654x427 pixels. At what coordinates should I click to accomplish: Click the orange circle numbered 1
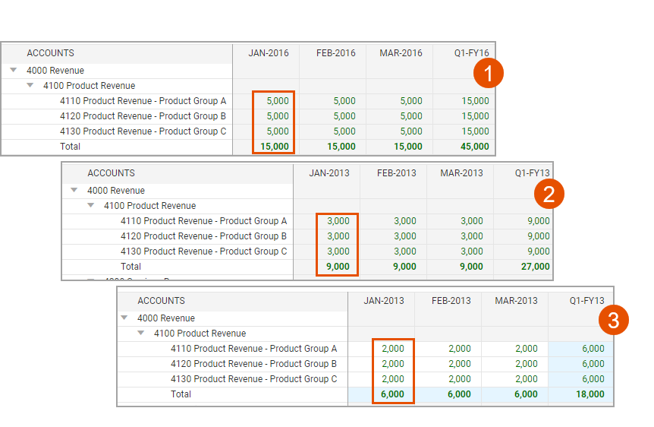pyautogui.click(x=488, y=73)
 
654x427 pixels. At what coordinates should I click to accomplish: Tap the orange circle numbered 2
pyautogui.click(x=549, y=194)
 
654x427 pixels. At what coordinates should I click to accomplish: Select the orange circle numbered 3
pyautogui.click(x=614, y=320)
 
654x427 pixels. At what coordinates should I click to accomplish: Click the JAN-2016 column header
pyautogui.click(x=269, y=53)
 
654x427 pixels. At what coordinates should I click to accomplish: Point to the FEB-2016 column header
pyautogui.click(x=336, y=53)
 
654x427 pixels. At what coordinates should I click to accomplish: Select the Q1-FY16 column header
pyautogui.click(x=471, y=53)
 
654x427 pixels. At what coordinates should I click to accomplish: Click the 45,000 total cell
pyautogui.click(x=475, y=147)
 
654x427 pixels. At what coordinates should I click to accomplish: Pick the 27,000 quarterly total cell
pyautogui.click(x=535, y=267)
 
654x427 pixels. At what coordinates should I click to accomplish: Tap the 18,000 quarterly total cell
pyautogui.click(x=590, y=394)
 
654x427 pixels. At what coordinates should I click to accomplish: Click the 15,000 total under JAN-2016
pyautogui.click(x=275, y=147)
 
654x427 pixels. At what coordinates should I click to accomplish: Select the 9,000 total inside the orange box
pyautogui.click(x=338, y=267)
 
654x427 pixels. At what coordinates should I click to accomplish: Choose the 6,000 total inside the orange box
pyautogui.click(x=392, y=394)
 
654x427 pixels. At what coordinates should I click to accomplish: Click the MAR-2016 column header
pyautogui.click(x=401, y=53)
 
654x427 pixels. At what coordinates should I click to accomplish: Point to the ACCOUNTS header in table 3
pyautogui.click(x=161, y=301)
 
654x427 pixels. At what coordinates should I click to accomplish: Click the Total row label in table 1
pyautogui.click(x=70, y=147)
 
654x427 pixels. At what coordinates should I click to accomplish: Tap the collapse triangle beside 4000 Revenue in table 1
pyautogui.click(x=14, y=70)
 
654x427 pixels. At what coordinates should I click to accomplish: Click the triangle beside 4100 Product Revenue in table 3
pyautogui.click(x=141, y=333)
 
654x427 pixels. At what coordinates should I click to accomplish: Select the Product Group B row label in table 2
pyautogui.click(x=203, y=236)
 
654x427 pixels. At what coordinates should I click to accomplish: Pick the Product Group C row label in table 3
pyautogui.click(x=253, y=379)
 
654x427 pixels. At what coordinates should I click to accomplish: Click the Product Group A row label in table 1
pyautogui.click(x=143, y=101)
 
